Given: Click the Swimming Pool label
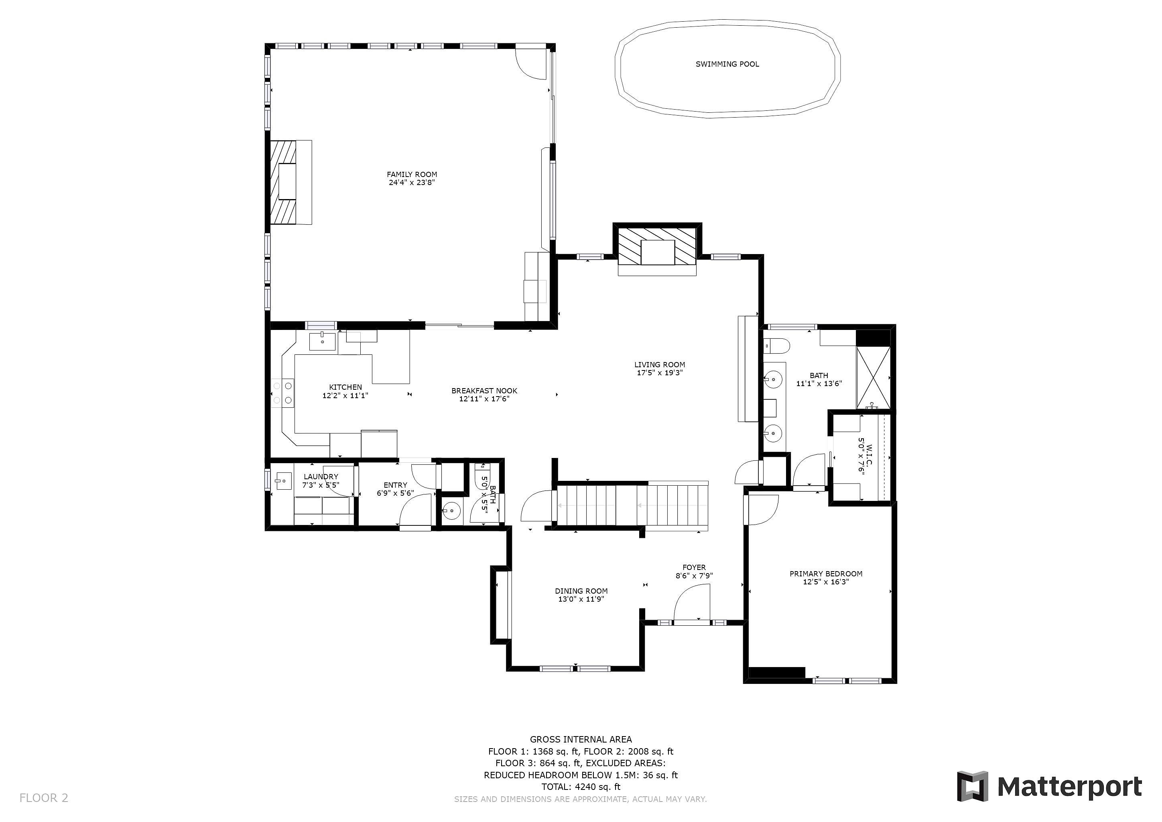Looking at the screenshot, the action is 727,64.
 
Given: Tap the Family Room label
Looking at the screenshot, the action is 412,175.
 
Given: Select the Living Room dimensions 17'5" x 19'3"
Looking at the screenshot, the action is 660,373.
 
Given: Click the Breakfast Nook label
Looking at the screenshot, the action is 484,391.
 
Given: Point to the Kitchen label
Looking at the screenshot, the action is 345,387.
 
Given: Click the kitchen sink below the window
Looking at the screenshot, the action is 322,342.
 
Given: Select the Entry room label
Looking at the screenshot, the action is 395,485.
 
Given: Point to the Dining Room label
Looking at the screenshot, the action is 581,591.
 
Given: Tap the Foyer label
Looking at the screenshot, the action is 694,568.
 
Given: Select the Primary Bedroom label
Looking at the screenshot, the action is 826,574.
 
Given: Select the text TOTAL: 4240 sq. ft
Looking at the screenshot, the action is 581,787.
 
